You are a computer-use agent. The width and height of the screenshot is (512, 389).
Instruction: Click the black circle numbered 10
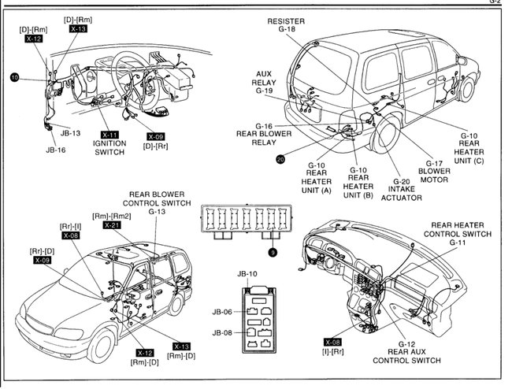tap(14, 77)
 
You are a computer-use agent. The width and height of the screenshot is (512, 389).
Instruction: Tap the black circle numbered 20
tap(280, 159)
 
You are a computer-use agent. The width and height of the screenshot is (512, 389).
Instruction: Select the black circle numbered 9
tap(273, 252)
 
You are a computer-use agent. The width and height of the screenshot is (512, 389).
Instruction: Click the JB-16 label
tap(56, 148)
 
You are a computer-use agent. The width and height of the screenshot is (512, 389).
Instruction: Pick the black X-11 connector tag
tap(109, 134)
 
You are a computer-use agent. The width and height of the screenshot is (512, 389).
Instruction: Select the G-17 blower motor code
tap(435, 163)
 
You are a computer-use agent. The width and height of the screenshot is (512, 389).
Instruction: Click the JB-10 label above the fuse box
tap(247, 274)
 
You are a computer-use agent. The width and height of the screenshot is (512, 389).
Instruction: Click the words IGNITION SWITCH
tap(109, 147)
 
